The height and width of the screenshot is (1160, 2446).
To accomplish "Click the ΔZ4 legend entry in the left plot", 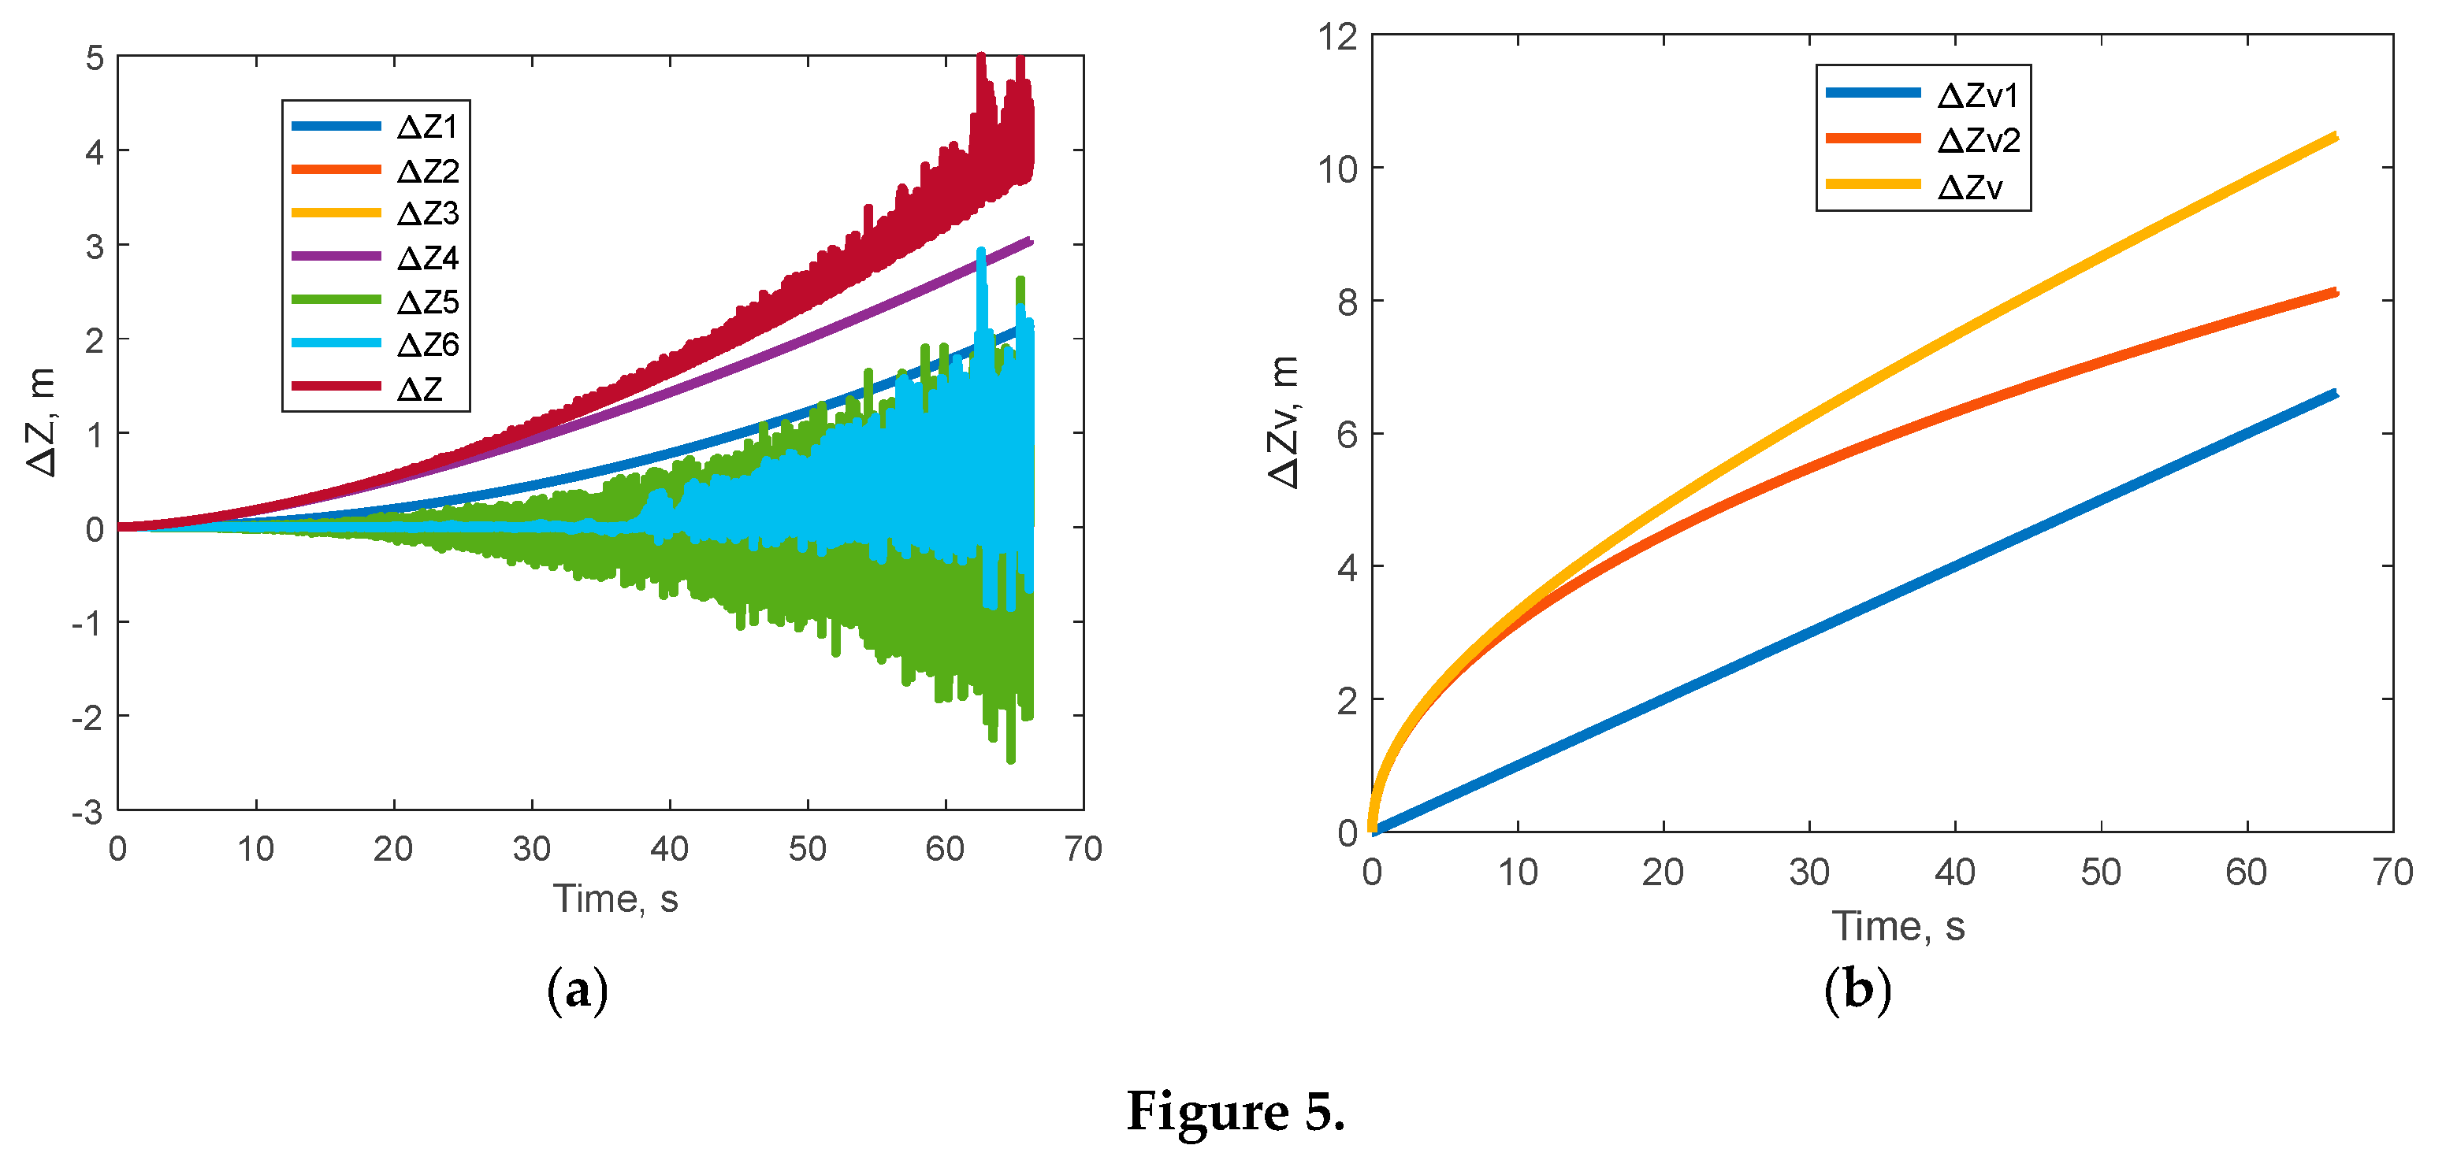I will pos(427,258).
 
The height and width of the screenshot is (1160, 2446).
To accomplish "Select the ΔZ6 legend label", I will pos(427,345).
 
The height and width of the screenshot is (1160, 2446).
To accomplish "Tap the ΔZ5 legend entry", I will pos(427,302).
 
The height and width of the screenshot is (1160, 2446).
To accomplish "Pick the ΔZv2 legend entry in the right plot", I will pos(1979,140).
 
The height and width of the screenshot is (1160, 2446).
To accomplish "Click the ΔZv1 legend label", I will pos(1979,95).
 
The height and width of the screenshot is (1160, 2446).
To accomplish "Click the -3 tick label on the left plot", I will pos(87,813).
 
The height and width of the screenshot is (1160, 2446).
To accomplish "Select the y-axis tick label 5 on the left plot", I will pos(94,58).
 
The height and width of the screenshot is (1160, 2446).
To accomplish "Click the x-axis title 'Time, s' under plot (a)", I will pos(615,898).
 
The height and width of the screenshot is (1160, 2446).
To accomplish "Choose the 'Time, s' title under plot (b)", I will pos(1898,925).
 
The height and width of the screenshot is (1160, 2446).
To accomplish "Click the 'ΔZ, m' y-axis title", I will pos(43,421).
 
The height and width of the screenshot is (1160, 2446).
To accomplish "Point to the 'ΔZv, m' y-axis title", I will pos(1284,421).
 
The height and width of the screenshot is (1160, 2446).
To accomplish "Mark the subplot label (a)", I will pos(578,991).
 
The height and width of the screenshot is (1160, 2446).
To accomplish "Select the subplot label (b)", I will pos(1857,989).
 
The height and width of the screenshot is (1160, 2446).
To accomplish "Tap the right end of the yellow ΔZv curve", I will pos(2335,137).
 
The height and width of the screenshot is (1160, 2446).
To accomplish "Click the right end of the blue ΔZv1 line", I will pos(2335,393).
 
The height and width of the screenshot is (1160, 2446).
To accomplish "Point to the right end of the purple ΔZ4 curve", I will pos(1030,241).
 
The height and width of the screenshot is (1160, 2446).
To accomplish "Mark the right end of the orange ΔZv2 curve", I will pos(2335,292).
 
